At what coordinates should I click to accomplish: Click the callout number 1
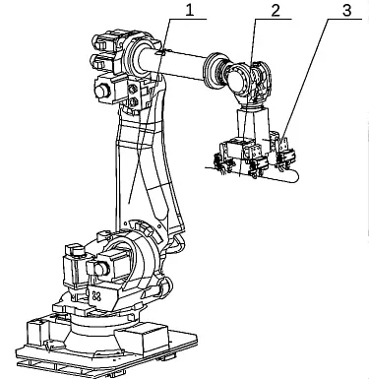coord(190,10)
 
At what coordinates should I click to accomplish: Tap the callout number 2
coord(276,10)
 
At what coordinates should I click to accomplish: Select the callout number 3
coord(346,10)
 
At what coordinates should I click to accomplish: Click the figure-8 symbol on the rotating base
coord(96,295)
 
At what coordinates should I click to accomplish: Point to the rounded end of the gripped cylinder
coord(294,176)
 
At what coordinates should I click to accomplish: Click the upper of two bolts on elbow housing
coord(133,89)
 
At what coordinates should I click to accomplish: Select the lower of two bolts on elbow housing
coord(133,101)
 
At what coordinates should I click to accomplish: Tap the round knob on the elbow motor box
coord(102,91)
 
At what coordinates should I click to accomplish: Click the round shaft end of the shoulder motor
coord(101,269)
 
